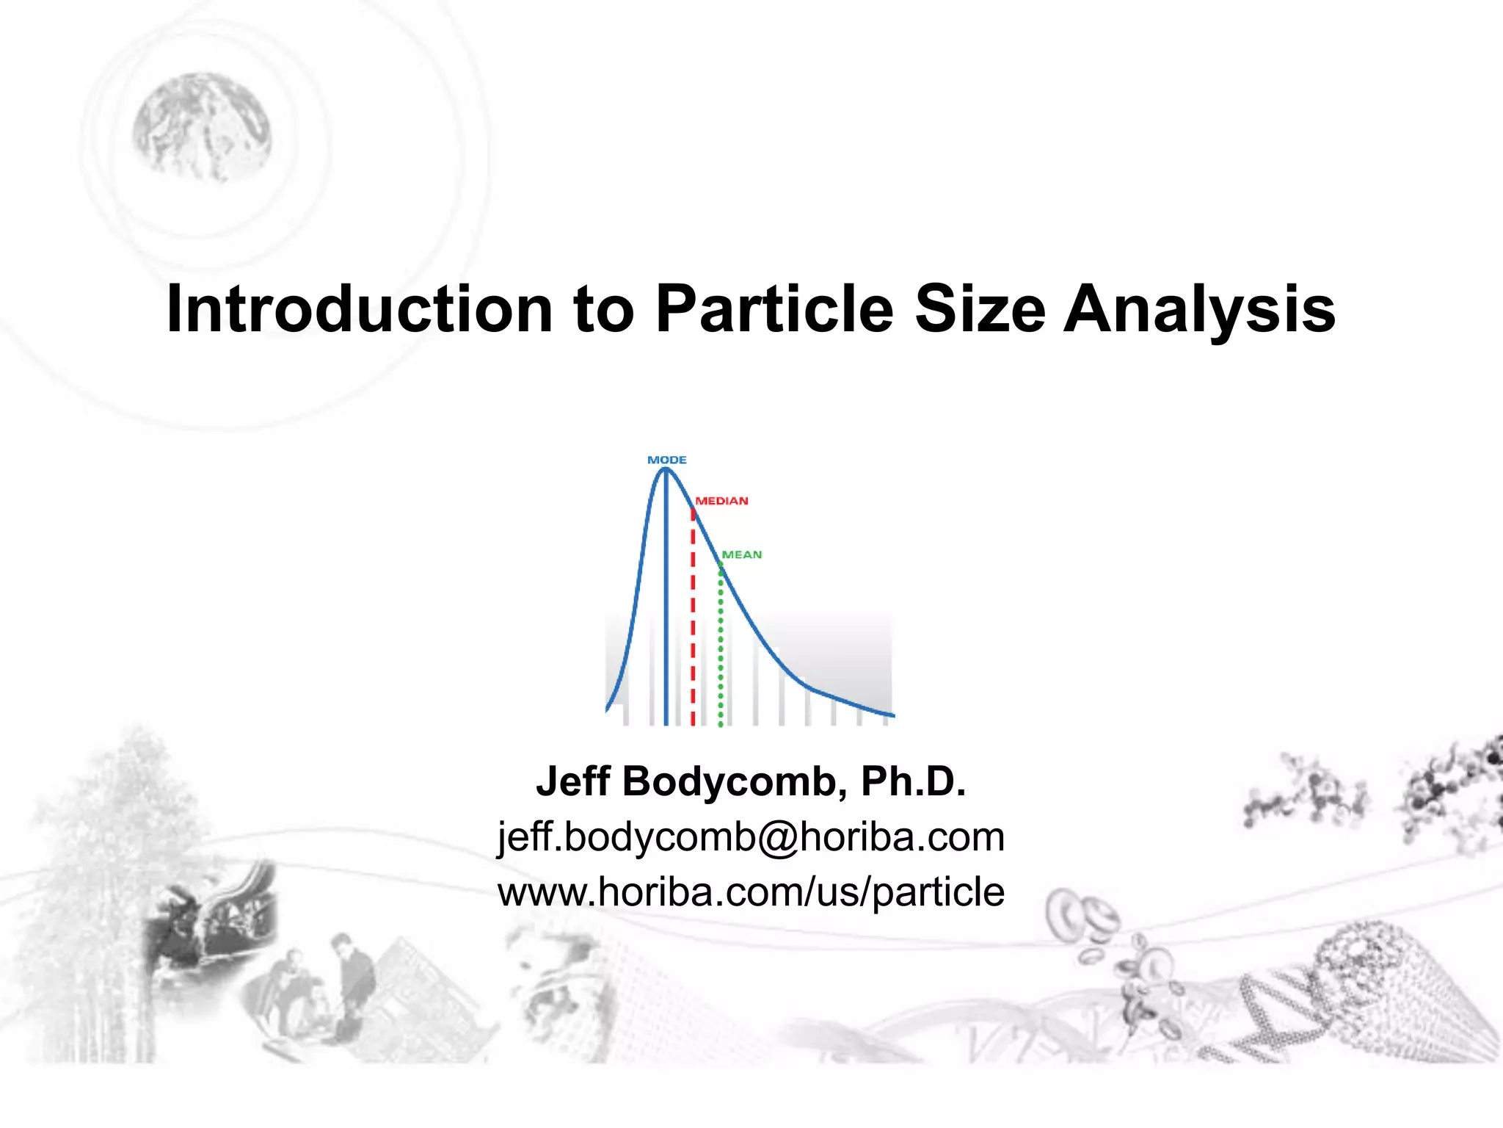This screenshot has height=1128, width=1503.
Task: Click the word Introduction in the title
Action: (360, 308)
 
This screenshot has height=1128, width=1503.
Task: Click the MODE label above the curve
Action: (666, 460)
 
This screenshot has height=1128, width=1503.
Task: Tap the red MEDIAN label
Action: (721, 501)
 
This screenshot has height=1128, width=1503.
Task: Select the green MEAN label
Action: (741, 554)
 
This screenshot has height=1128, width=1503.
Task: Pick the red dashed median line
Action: (693, 624)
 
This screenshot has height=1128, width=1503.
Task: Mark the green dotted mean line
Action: (721, 646)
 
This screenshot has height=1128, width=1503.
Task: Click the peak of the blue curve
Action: (665, 470)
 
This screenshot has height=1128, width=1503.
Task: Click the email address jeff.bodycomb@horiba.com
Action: (751, 837)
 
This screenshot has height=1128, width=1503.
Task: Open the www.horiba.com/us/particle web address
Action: (751, 892)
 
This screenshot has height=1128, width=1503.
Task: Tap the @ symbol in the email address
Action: (777, 838)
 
